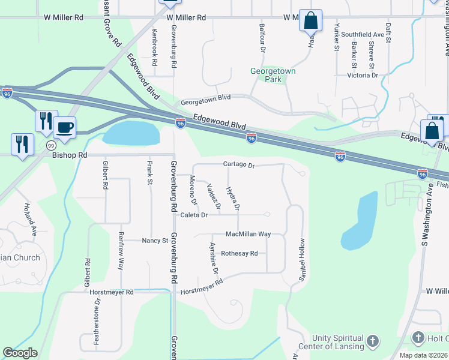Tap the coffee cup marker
tap(64, 127)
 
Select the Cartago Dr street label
tap(239, 164)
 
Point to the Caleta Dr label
tap(196, 215)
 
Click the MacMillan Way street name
tap(248, 234)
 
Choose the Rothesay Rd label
tap(240, 253)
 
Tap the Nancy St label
tap(155, 241)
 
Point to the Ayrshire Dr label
tap(212, 259)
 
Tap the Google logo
tap(20, 353)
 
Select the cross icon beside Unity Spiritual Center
tap(372, 342)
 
